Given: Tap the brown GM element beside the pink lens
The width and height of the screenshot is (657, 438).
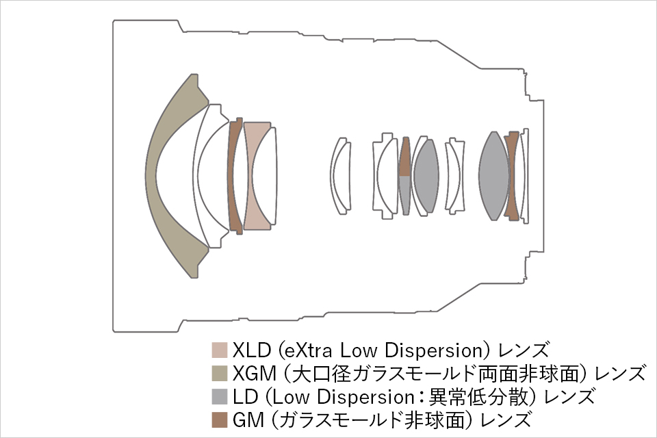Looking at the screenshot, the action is click(x=234, y=176).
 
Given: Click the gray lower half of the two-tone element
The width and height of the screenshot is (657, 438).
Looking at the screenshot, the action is click(x=404, y=195).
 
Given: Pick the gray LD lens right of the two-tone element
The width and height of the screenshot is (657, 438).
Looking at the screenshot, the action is click(x=426, y=176).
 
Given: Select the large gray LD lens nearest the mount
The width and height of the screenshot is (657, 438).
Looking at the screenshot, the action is click(x=494, y=176).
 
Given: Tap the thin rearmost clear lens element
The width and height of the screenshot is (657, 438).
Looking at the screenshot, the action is click(x=526, y=176).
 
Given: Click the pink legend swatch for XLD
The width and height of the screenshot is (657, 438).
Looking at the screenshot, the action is click(x=220, y=350).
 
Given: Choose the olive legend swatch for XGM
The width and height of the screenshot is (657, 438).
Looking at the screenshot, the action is click(x=220, y=374).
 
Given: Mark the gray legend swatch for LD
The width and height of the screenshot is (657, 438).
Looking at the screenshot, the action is click(x=220, y=396).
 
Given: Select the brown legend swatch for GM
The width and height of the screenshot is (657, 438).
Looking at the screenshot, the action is click(x=220, y=420).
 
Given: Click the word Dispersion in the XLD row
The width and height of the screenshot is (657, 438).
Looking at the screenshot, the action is click(x=434, y=351).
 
